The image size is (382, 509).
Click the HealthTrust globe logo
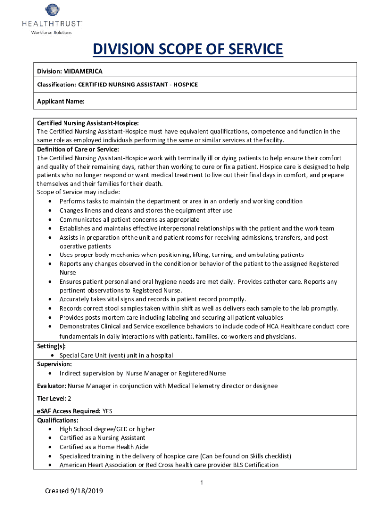[52, 10]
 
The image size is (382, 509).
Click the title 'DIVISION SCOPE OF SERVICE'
[188, 50]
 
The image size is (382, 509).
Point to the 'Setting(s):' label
[52, 346]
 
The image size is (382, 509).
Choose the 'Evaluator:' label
[52, 386]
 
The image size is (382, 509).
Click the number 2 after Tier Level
[70, 399]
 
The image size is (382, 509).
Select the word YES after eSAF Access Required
[107, 411]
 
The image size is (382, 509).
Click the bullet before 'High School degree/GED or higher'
[51, 429]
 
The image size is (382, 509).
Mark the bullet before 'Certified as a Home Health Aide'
[51, 447]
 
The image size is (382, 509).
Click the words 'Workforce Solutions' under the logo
[52, 33]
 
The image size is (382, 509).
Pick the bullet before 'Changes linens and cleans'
[51, 211]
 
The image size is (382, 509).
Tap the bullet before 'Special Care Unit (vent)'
[53, 356]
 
